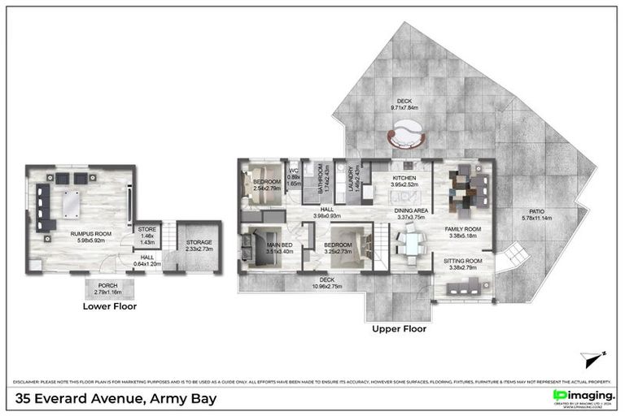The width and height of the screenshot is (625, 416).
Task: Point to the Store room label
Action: (x=147, y=233)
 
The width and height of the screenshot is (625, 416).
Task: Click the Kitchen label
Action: (x=404, y=180)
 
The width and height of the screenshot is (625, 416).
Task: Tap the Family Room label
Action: (x=463, y=232)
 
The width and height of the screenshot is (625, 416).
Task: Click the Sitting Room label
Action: (x=463, y=263)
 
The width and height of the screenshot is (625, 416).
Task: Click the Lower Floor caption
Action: (x=109, y=307)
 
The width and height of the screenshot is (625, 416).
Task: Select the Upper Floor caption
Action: (x=399, y=329)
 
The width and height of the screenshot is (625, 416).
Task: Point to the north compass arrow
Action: (x=593, y=357)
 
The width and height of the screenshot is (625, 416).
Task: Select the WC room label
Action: (x=296, y=176)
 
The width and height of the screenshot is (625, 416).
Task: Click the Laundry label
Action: (x=352, y=179)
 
